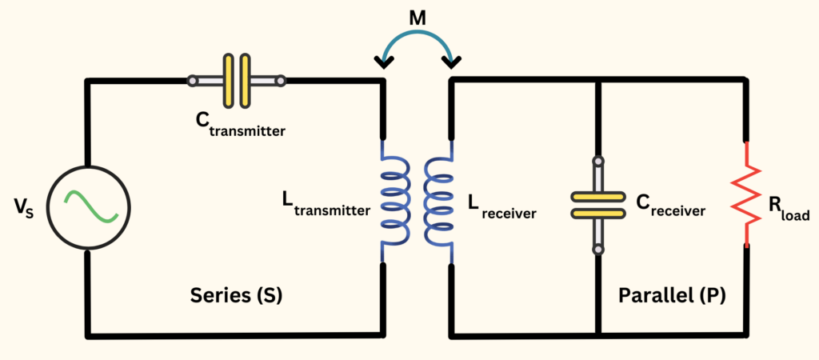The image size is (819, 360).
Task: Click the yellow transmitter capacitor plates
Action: click(x=237, y=80)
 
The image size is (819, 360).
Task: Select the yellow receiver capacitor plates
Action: click(x=597, y=204)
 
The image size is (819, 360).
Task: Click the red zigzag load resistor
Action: click(x=747, y=194)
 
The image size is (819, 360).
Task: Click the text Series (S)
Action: click(x=237, y=295)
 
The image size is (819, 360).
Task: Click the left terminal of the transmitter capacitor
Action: click(x=194, y=81)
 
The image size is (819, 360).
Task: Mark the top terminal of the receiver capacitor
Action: click(x=597, y=163)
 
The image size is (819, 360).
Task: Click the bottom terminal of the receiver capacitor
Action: click(x=597, y=249)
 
